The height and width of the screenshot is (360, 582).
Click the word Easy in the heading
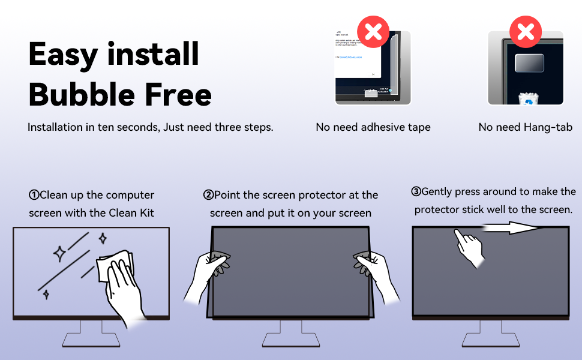[x=64, y=55]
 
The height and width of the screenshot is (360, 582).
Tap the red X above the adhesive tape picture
[x=373, y=32]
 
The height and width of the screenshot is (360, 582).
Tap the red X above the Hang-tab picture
[x=526, y=32]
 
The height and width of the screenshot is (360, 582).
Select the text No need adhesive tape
[x=373, y=127]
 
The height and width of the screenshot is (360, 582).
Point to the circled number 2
[x=208, y=195]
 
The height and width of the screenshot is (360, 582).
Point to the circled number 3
[x=416, y=192]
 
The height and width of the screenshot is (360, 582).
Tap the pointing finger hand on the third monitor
[x=470, y=247]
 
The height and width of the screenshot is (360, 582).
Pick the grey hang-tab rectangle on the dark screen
[x=529, y=63]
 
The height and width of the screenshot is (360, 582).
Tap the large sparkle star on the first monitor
[x=60, y=254]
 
